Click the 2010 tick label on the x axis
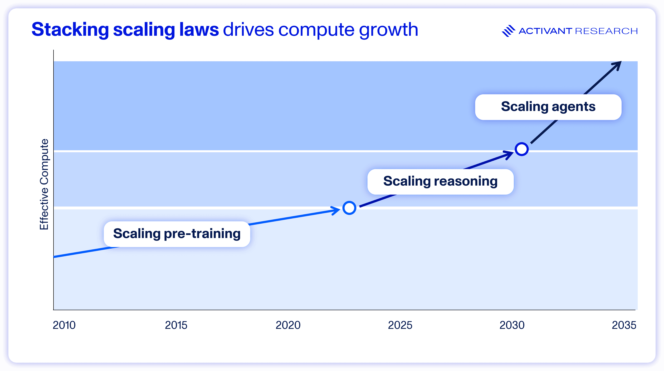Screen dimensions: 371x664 coord(64,325)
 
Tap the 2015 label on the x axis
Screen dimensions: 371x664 coord(176,325)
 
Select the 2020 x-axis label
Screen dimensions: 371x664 coord(288,325)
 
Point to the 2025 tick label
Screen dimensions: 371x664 coord(400,325)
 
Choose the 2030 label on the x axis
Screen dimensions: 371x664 coord(512,325)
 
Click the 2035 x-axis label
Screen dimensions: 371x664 coord(624,325)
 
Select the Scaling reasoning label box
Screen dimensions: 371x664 coord(440,181)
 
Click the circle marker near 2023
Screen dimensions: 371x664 coord(349,208)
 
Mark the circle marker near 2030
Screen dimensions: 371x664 coord(522,149)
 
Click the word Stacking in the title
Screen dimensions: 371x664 coord(70,30)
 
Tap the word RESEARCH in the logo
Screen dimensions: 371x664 coord(606,31)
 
